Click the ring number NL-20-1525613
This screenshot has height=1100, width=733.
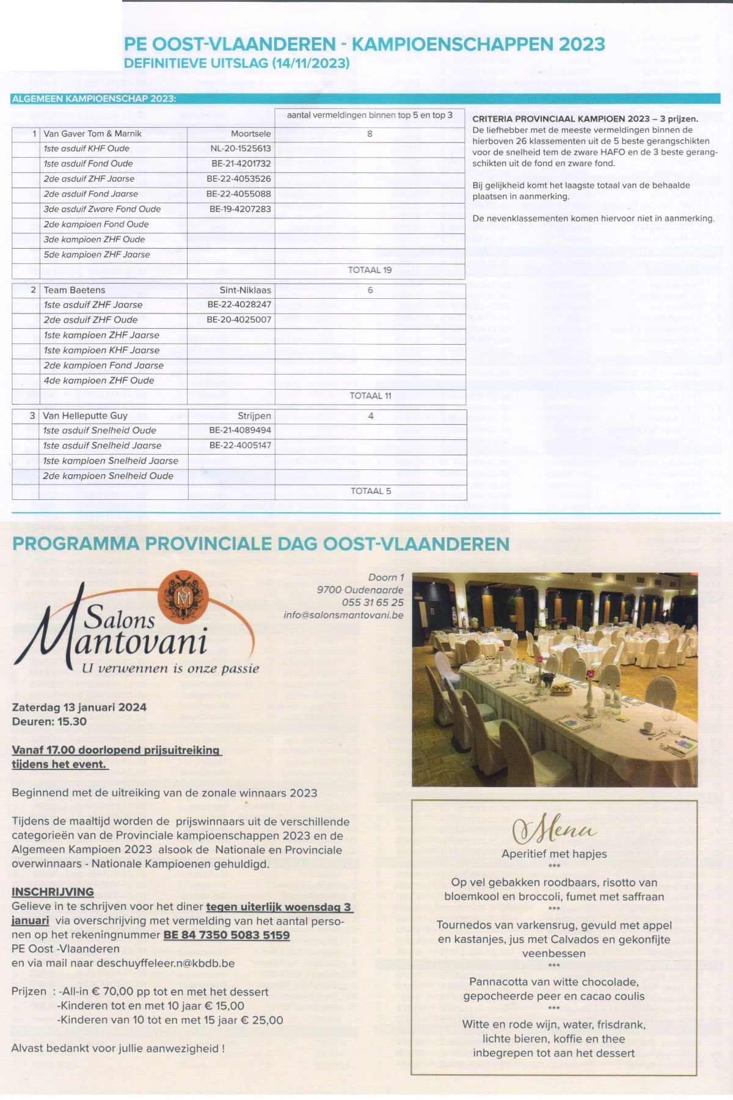[240, 148]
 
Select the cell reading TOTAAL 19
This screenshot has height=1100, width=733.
[370, 270]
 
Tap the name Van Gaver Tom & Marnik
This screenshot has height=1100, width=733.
[92, 134]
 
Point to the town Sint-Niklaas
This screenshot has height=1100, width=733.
[245, 290]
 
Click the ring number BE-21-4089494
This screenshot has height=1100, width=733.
[240, 430]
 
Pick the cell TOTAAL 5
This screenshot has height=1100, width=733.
[370, 491]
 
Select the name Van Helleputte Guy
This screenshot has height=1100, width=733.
[85, 416]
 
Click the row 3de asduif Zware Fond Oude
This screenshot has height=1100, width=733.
[102, 209]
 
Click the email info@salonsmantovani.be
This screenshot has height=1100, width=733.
[343, 615]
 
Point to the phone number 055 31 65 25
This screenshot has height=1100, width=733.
[373, 603]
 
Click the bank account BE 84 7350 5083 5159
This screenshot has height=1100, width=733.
[226, 935]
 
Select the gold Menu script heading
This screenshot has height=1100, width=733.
[554, 830]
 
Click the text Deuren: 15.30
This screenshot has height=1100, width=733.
[49, 722]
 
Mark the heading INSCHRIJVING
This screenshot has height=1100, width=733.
[53, 892]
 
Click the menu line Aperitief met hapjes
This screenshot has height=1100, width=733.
[554, 854]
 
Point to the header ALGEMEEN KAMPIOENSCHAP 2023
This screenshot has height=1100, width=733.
[94, 99]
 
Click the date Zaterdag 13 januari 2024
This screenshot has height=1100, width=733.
[79, 708]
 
